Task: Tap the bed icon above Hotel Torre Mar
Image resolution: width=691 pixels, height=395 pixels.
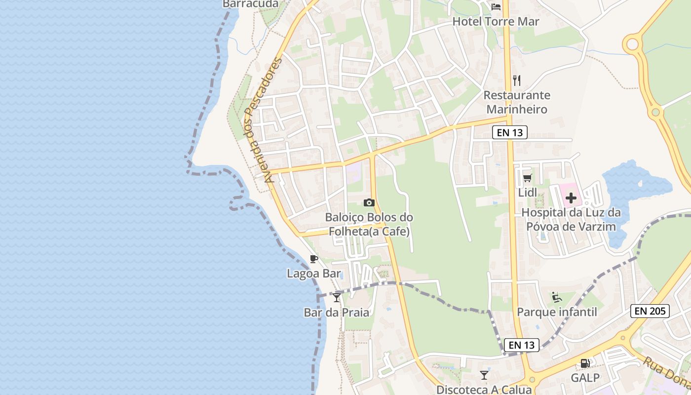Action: (x=496, y=7)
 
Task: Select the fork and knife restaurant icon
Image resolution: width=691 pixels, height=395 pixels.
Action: (x=517, y=80)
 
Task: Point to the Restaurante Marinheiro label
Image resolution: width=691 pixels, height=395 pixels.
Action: (x=516, y=102)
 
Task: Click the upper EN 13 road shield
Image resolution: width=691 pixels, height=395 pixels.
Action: (x=510, y=132)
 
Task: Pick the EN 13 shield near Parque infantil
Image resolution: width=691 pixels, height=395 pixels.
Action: (x=522, y=345)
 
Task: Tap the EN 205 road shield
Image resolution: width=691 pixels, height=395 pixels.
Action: (x=650, y=311)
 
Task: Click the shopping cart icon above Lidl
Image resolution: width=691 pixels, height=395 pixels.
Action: (x=528, y=178)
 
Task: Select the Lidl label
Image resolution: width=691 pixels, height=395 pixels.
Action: (x=528, y=192)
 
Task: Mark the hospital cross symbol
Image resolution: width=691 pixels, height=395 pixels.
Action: (x=571, y=198)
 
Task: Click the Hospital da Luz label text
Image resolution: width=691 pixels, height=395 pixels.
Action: (x=571, y=220)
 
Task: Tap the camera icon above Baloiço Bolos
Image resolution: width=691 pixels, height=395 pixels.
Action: (x=369, y=202)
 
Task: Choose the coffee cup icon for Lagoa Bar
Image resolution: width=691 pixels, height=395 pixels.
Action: (x=314, y=259)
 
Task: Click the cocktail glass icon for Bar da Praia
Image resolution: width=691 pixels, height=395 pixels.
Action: (x=337, y=297)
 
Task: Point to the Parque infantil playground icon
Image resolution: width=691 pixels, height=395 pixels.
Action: (x=557, y=297)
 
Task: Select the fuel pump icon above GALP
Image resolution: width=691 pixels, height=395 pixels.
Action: (x=585, y=363)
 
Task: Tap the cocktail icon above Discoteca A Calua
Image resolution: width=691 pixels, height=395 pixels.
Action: (x=484, y=375)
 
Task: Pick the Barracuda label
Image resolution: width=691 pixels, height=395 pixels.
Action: (x=251, y=4)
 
